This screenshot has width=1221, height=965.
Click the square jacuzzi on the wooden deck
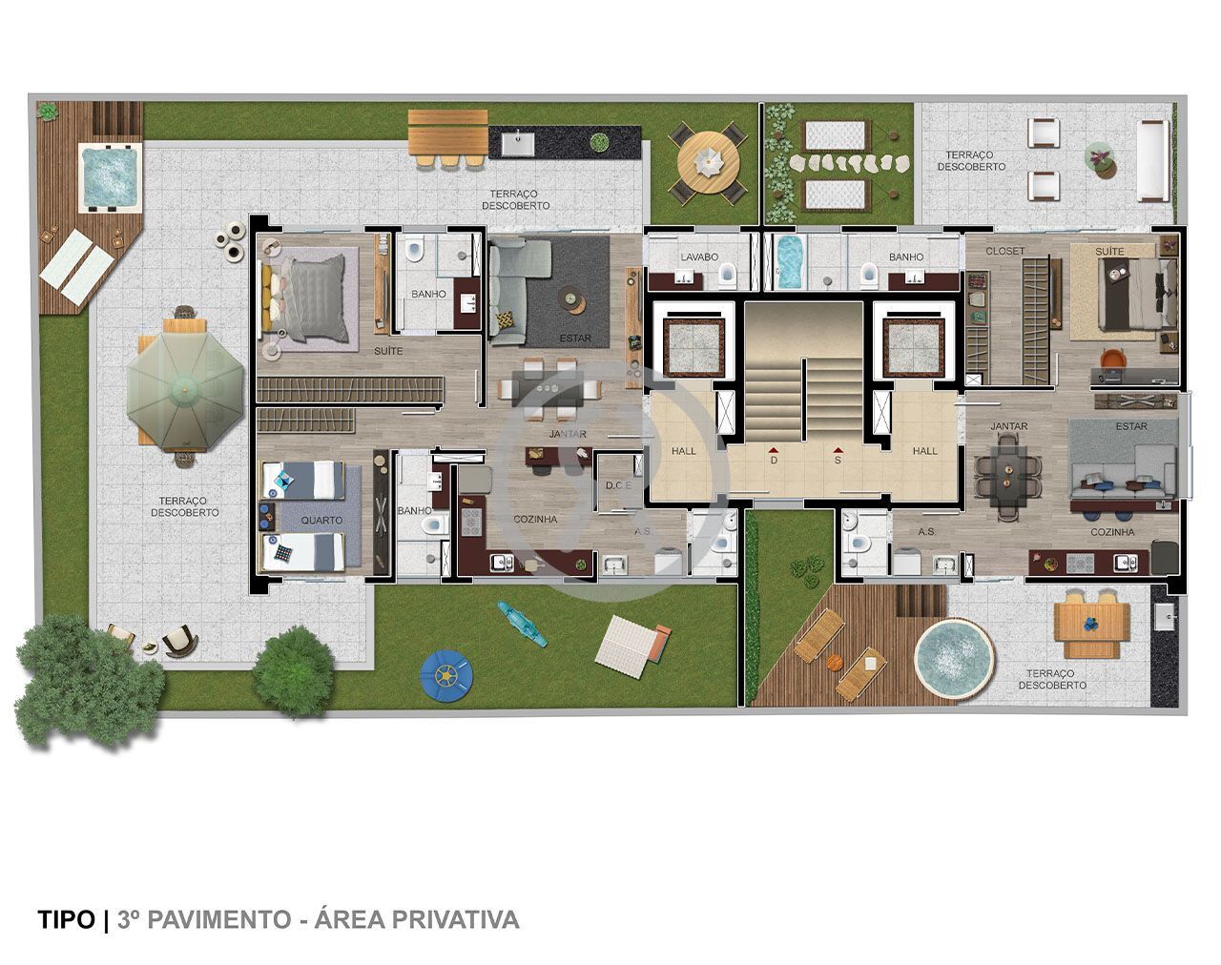(110, 175)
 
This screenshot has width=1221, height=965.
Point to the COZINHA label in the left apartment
(535, 520)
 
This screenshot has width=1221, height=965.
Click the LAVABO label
(698, 257)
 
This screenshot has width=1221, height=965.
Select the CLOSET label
(1005, 252)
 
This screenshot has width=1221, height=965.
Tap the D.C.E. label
(618, 486)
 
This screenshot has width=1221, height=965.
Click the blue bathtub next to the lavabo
(791, 263)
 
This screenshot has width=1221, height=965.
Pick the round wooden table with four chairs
(708, 164)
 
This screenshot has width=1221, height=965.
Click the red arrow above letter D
(774, 448)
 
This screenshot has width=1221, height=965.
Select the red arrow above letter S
(838, 448)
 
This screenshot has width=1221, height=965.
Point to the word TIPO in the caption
(67, 919)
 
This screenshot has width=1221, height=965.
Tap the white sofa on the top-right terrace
(1152, 160)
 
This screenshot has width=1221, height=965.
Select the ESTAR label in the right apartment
(1131, 427)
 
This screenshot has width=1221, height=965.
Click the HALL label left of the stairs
(684, 451)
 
